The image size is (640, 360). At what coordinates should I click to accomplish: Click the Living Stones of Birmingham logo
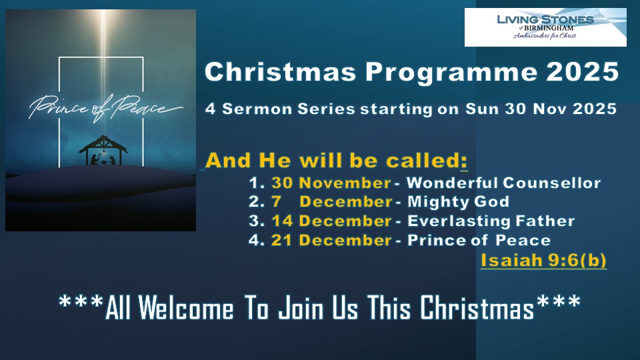[x=545, y=27]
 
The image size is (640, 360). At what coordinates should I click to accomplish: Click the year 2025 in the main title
[x=583, y=72]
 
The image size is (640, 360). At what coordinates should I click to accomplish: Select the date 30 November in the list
[x=331, y=183]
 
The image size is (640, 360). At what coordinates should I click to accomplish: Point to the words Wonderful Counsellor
[x=504, y=183]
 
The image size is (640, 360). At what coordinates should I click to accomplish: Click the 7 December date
[x=332, y=201]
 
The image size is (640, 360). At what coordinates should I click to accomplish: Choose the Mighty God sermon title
[x=459, y=202]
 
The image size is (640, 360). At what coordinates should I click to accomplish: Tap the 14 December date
[x=331, y=221]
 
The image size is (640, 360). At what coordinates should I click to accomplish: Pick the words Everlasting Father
[x=491, y=221]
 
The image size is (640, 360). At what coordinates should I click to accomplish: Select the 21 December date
[x=331, y=240]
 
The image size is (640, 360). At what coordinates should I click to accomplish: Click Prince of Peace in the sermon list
[x=479, y=240]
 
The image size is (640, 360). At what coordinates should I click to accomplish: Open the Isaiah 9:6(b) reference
[x=543, y=261]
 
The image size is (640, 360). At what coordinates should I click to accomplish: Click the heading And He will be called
[x=336, y=161]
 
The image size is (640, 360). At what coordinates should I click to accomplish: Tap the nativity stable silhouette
[x=103, y=151]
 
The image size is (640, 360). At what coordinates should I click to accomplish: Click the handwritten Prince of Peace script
[x=105, y=108]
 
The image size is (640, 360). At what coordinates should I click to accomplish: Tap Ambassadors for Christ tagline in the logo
[x=545, y=36]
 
